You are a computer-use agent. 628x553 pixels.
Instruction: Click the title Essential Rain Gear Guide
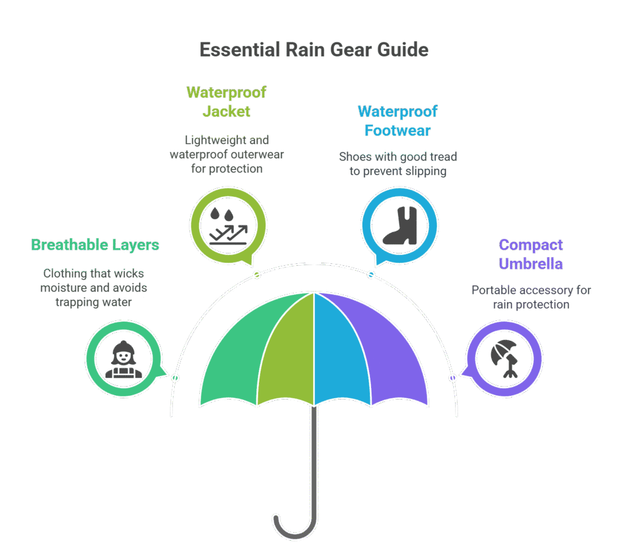click(x=313, y=50)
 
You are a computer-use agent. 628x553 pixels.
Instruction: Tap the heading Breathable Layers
click(x=95, y=246)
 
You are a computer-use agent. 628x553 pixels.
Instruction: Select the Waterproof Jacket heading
click(x=227, y=102)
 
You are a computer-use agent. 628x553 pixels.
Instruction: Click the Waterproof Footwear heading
click(x=397, y=121)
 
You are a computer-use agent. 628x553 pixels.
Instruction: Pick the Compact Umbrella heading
click(x=530, y=255)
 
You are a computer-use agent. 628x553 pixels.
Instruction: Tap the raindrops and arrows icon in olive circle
click(x=228, y=225)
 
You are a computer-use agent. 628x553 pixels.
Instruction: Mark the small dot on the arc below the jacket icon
click(x=257, y=274)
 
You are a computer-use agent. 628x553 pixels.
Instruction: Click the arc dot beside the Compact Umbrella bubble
click(x=453, y=378)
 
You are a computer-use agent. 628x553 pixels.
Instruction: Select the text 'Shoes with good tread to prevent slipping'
click(x=397, y=164)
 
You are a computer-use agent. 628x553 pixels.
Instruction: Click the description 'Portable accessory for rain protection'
click(x=530, y=297)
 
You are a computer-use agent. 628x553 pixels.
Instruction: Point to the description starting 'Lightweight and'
click(x=227, y=154)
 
